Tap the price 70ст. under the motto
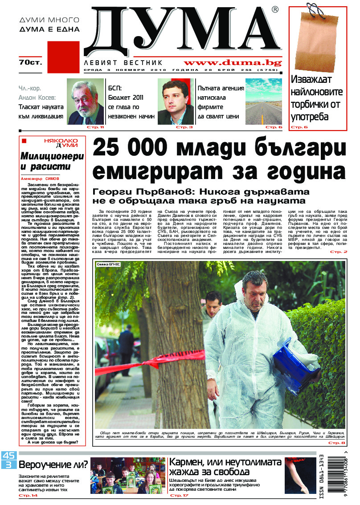coord(30,61)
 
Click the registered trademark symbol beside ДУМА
coord(275,9)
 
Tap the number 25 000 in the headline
coord(131,148)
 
